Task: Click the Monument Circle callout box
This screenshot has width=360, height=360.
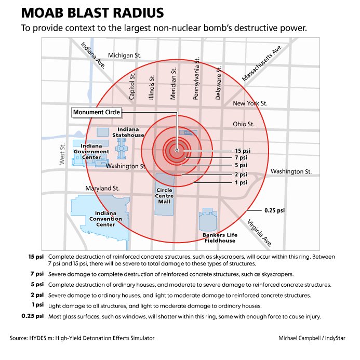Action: pyautogui.click(x=97, y=112)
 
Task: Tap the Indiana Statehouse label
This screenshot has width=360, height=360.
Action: pyautogui.click(x=128, y=132)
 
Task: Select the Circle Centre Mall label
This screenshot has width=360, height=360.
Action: pyautogui.click(x=164, y=196)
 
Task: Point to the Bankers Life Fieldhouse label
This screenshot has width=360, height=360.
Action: pyautogui.click(x=220, y=238)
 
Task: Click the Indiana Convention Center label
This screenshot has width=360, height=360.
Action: pyautogui.click(x=105, y=219)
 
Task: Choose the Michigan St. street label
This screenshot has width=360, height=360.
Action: pyautogui.click(x=125, y=56)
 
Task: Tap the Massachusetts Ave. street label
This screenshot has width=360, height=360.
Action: pyautogui.click(x=262, y=63)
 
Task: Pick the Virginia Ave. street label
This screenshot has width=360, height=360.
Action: pyautogui.click(x=260, y=233)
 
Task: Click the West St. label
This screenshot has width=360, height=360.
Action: pyautogui.click(x=62, y=154)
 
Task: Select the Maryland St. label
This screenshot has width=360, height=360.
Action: pyautogui.click(x=102, y=188)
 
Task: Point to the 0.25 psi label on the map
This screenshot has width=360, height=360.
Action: pyautogui.click(x=275, y=210)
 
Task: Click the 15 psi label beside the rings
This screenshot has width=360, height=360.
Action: pyautogui.click(x=243, y=151)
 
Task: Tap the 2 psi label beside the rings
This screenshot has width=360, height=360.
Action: pyautogui.click(x=241, y=175)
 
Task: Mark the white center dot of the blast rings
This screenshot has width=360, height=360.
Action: pyautogui.click(x=177, y=150)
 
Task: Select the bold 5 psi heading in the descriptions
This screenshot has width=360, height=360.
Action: pyautogui.click(x=37, y=285)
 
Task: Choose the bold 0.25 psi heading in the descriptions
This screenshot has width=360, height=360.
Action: pyautogui.click(x=33, y=316)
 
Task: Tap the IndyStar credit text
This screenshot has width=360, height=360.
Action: pyautogui.click(x=335, y=338)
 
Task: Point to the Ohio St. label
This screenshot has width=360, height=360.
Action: pyautogui.click(x=244, y=124)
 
